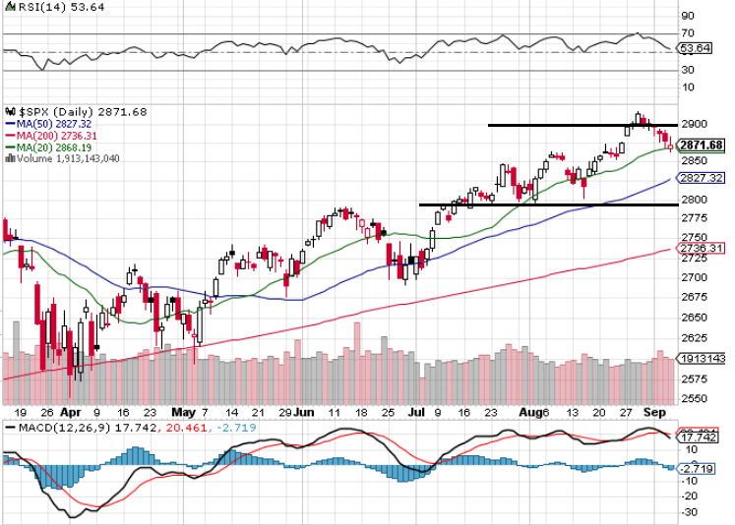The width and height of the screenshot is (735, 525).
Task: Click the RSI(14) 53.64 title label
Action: coord(48,7)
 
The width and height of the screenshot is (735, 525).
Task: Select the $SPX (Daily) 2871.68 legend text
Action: coord(69,111)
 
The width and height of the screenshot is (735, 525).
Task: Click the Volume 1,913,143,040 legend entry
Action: coord(66,158)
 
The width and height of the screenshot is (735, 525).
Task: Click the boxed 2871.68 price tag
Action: coord(703,145)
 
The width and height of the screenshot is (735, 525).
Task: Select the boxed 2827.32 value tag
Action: coord(703,178)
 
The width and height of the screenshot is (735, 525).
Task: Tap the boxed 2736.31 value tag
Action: coord(703,249)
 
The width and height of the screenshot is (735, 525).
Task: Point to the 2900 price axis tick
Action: coord(694,124)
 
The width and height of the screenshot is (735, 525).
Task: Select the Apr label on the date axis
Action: coord(70,414)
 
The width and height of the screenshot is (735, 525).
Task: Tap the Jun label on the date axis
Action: coord(305,414)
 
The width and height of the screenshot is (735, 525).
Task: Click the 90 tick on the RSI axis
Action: coord(687,16)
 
